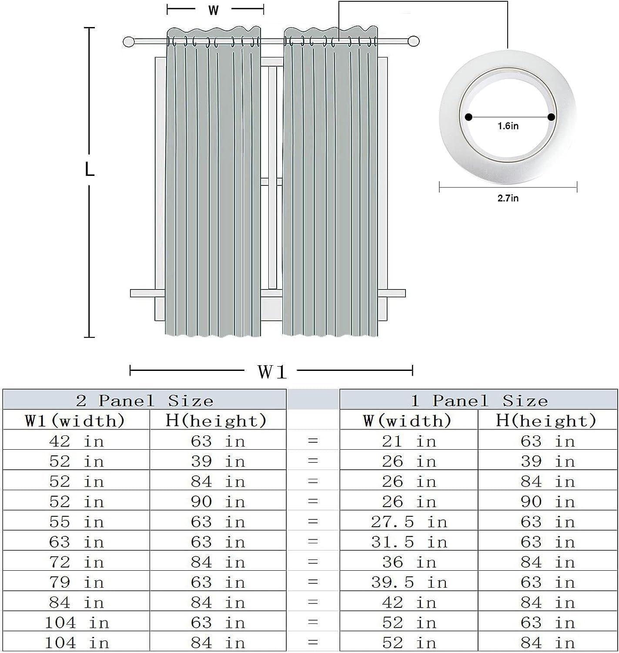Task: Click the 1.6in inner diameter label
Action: point(508,126)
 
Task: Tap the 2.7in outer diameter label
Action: point(508,198)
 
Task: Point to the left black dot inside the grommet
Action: point(468,117)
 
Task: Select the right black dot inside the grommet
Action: point(551,117)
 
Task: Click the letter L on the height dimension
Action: point(89,169)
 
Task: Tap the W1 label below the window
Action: point(272,372)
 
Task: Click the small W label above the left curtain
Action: point(213,10)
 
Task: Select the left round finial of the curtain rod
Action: point(128,42)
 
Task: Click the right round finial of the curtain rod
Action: point(414,42)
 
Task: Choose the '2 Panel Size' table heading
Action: point(144,400)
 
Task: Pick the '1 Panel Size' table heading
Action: point(479,400)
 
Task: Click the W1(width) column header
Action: point(75,421)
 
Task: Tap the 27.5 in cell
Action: point(409,522)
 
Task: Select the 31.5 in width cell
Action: point(409,542)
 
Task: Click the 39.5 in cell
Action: point(409,582)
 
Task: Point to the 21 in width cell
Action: point(409,441)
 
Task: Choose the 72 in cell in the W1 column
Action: point(77,562)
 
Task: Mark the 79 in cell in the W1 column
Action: point(77,582)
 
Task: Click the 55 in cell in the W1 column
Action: point(77,522)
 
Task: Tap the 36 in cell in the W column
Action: point(409,562)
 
